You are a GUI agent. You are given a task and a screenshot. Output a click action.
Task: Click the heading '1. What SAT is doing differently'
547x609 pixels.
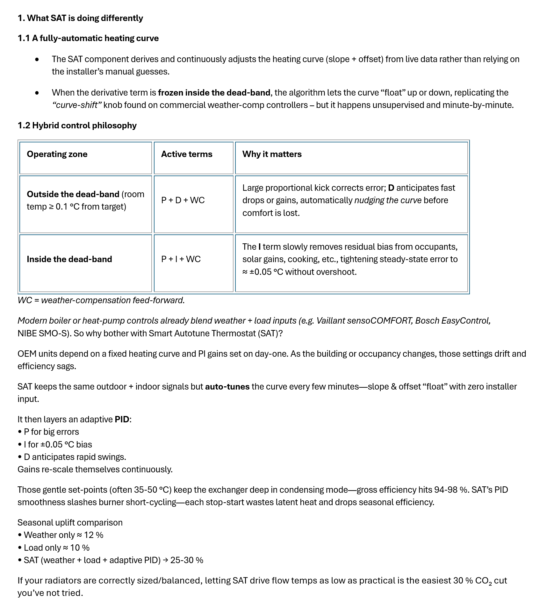click(x=80, y=18)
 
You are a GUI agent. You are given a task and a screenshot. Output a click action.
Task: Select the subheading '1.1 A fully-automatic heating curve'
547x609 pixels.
click(x=88, y=38)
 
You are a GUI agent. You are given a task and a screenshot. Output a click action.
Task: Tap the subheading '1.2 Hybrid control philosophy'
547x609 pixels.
click(x=77, y=125)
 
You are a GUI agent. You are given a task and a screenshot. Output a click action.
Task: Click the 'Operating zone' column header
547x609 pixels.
click(x=57, y=154)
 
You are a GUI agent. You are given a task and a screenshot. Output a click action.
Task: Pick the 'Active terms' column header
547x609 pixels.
click(x=187, y=154)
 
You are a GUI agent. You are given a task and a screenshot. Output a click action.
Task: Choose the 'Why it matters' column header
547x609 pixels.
click(x=272, y=154)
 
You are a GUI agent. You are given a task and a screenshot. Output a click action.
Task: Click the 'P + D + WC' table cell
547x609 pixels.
click(x=183, y=200)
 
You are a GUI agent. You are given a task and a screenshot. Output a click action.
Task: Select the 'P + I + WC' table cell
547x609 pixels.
click(x=181, y=259)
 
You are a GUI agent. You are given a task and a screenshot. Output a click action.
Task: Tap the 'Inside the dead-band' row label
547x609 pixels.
click(x=69, y=259)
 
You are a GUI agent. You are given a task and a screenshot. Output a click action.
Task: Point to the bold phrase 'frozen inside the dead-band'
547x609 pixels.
click(x=214, y=93)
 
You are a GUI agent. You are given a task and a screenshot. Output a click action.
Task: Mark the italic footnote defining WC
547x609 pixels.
click(x=101, y=300)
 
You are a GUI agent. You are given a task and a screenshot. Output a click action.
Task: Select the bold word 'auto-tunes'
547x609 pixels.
click(x=227, y=387)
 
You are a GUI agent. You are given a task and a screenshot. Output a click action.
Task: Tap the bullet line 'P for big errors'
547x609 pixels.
click(x=51, y=432)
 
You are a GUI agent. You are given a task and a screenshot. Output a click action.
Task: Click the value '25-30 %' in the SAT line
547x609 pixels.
click(x=187, y=560)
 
